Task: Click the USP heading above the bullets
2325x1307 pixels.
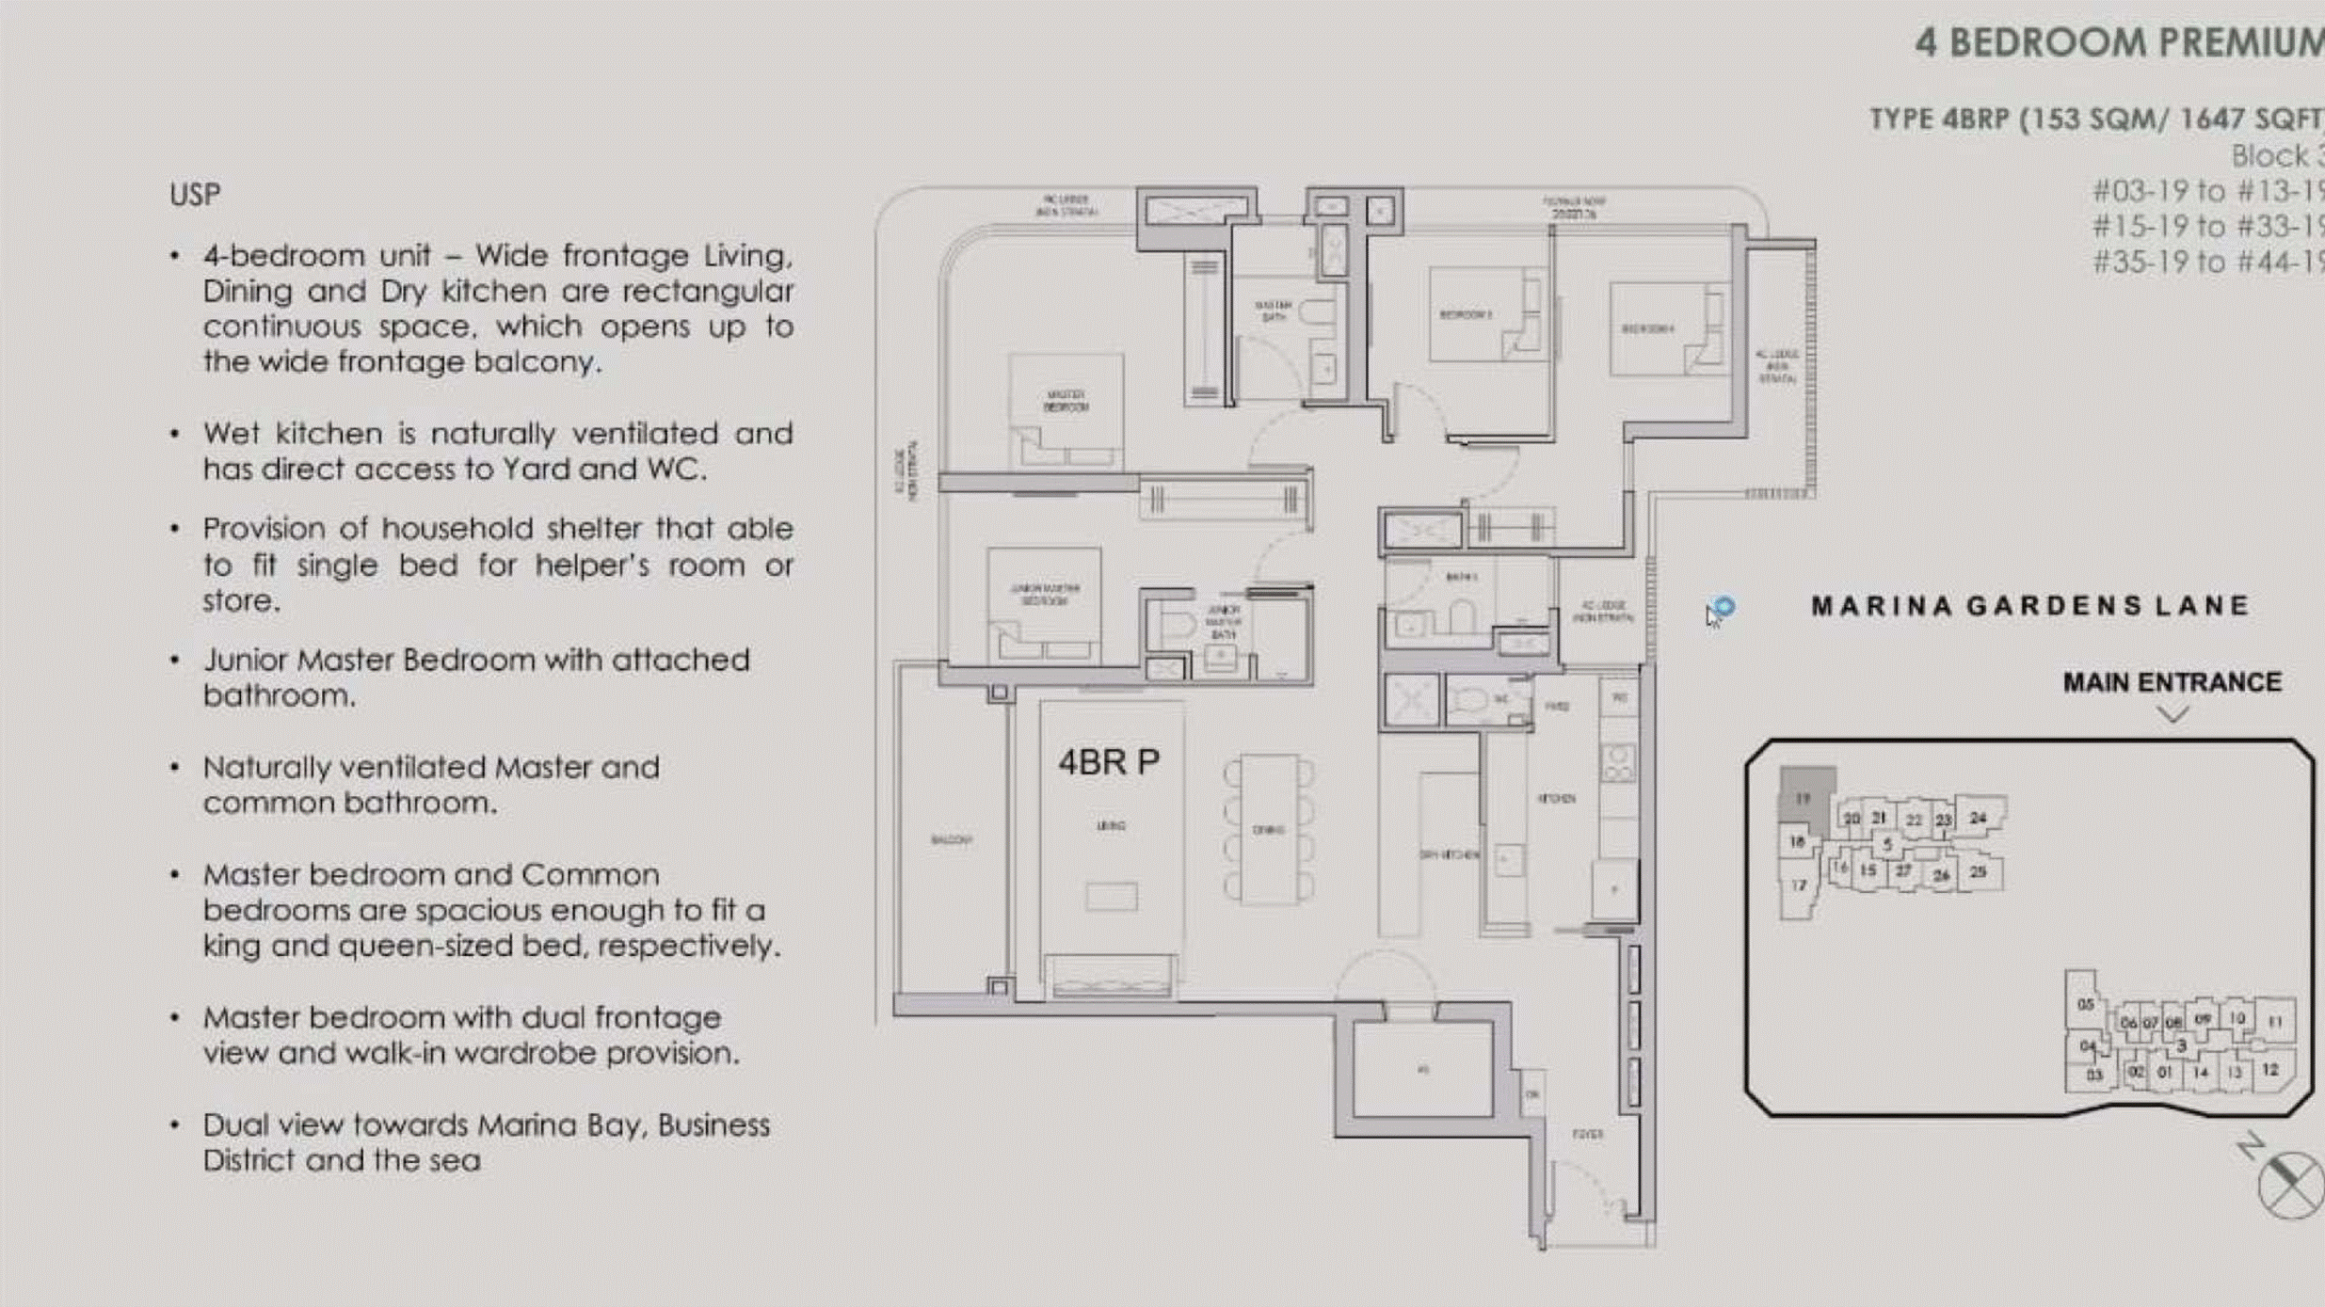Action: point(195,195)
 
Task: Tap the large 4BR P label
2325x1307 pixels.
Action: point(1108,762)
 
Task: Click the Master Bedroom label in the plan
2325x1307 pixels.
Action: point(1066,401)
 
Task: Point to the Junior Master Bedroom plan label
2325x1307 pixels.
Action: point(1045,594)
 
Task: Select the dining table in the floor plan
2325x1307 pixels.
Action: point(1269,829)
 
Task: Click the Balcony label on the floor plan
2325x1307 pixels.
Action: point(951,839)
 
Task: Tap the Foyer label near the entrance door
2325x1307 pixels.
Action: point(1587,1134)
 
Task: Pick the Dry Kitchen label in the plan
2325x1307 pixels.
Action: point(1449,854)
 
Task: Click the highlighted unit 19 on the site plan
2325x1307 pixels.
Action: point(1804,799)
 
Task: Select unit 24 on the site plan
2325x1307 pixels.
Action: point(1978,818)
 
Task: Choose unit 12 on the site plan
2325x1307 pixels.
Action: point(2270,1070)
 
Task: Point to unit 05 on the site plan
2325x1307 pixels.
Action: point(2085,1004)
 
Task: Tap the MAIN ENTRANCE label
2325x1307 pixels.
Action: point(2172,682)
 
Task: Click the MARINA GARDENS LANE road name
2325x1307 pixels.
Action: point(2030,606)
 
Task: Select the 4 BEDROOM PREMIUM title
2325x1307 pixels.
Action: point(2118,43)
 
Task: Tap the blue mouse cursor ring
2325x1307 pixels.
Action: point(1724,607)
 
